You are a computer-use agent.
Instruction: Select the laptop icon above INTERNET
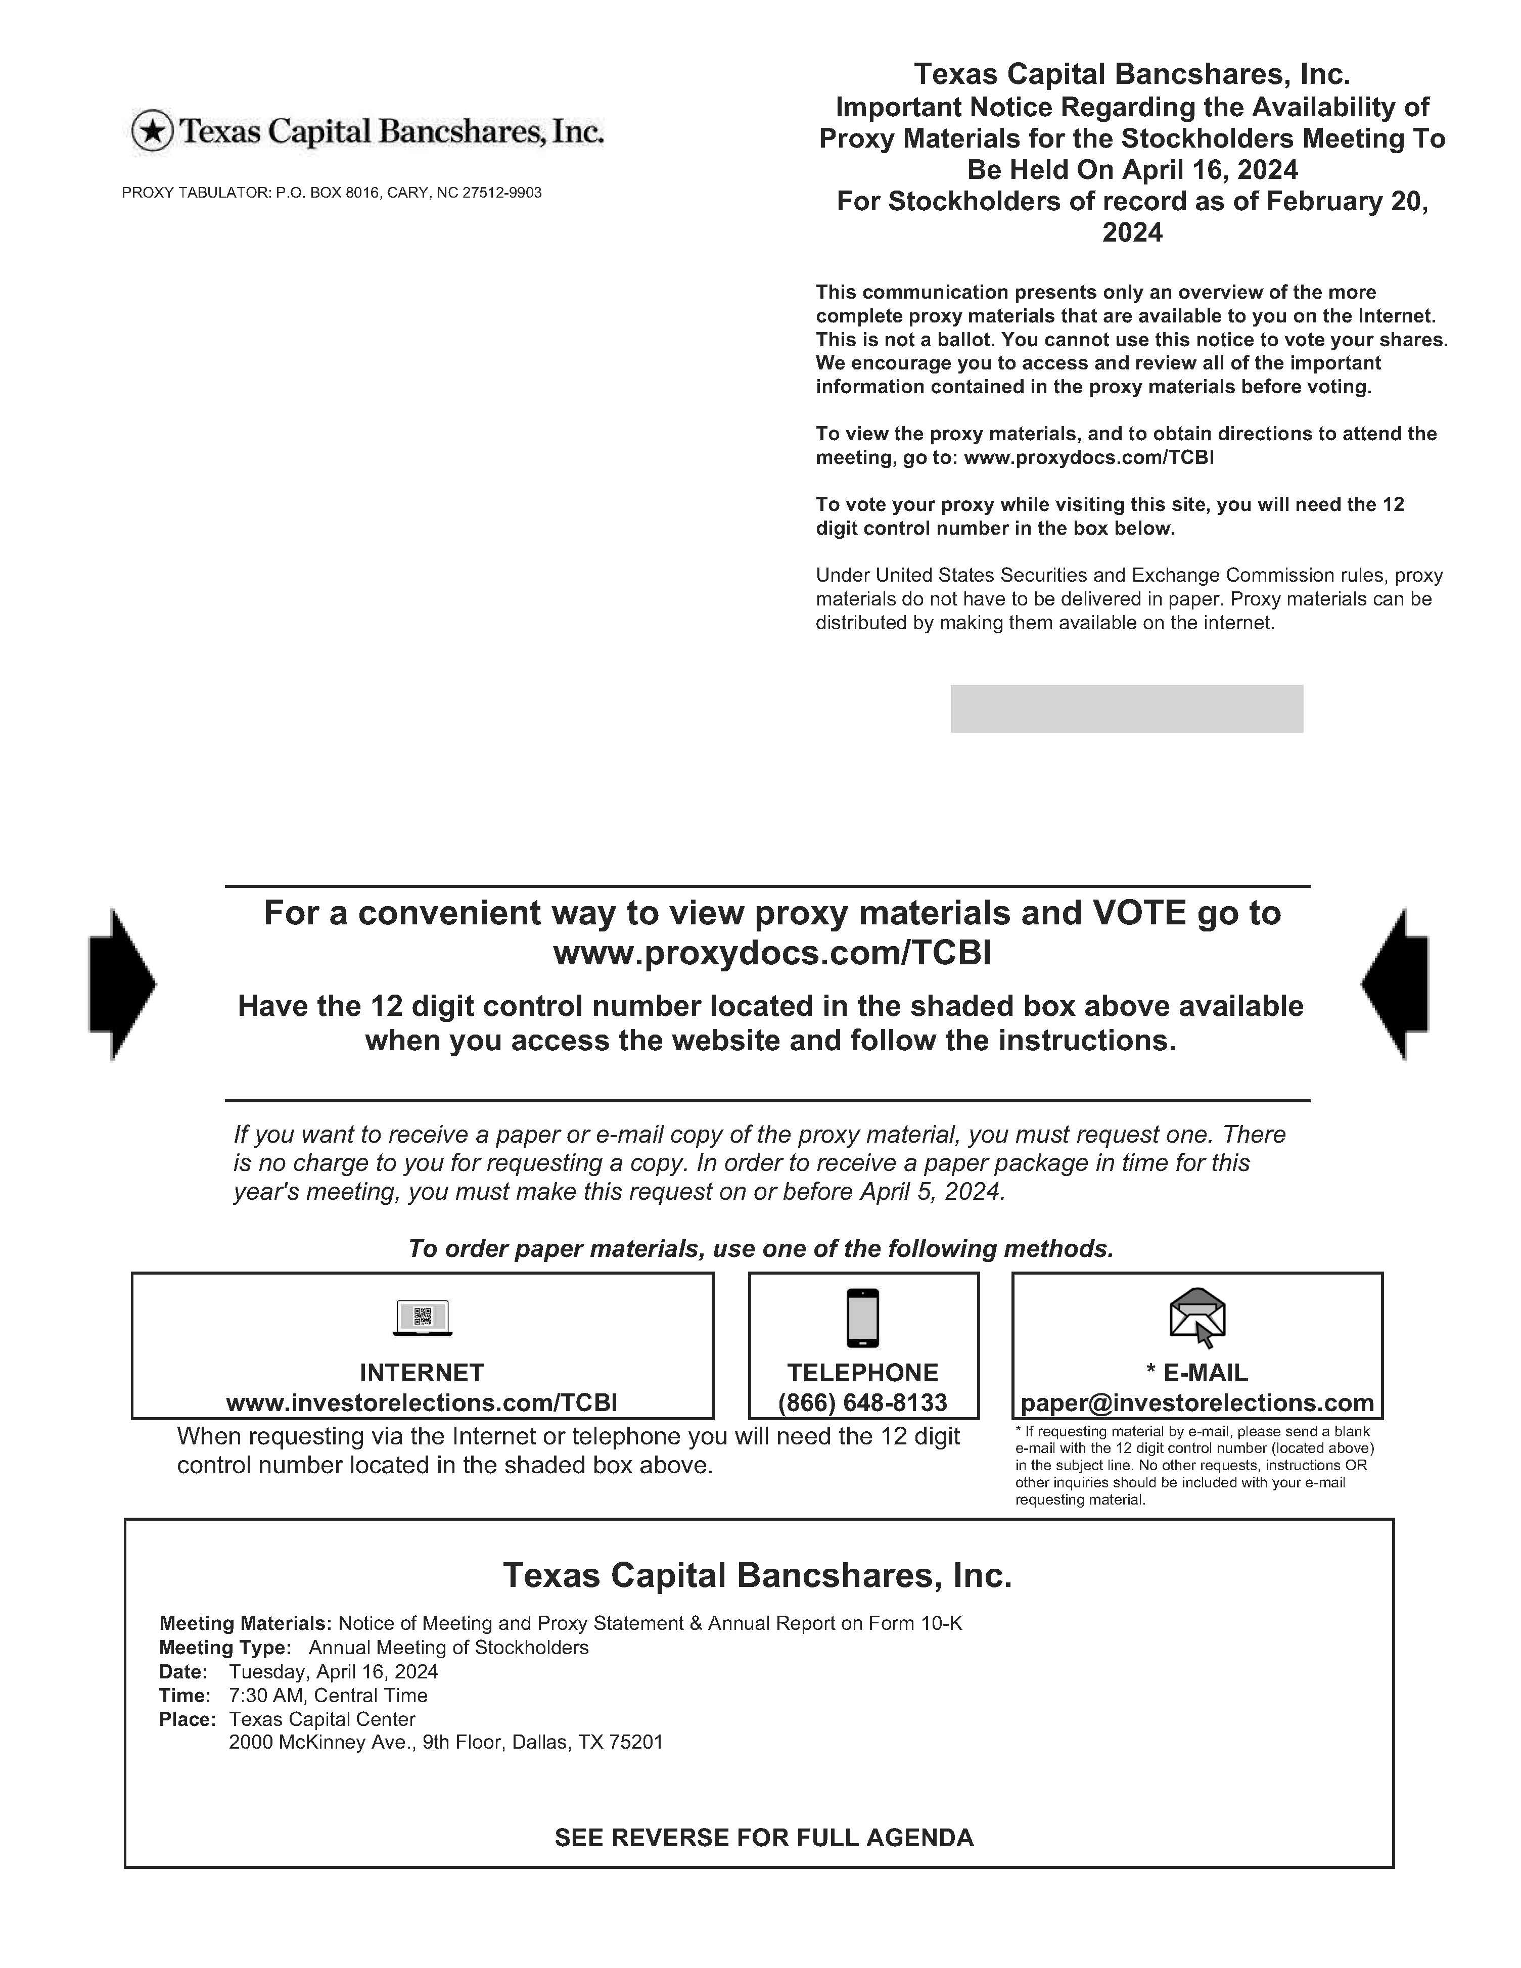coord(423,1318)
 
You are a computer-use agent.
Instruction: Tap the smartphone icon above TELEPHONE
coord(862,1318)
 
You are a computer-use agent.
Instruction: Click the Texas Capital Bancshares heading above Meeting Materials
coord(757,1575)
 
